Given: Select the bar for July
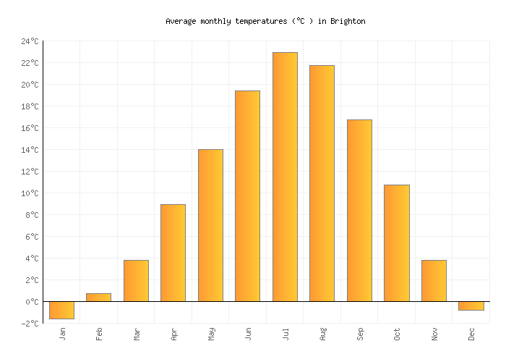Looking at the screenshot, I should [x=285, y=177].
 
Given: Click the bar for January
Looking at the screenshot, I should [x=61, y=310].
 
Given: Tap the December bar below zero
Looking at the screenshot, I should [x=471, y=306].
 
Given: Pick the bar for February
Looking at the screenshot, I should [x=98, y=298].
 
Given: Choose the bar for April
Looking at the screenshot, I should [x=173, y=253].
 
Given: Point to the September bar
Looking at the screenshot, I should [x=359, y=210].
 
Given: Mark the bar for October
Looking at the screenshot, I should [x=396, y=243].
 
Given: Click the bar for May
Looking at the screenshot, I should [x=210, y=225].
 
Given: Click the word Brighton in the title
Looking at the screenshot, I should [x=349, y=22].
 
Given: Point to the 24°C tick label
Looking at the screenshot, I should [x=30, y=41].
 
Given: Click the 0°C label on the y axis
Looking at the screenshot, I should [x=32, y=302].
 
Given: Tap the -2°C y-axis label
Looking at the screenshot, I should [x=30, y=324].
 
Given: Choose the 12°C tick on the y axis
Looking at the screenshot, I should [x=30, y=172].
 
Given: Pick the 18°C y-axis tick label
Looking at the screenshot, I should [x=30, y=106].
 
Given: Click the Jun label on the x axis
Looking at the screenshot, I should [x=248, y=334].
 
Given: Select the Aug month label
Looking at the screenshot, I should [x=322, y=334].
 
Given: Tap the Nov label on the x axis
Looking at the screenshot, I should [x=434, y=334].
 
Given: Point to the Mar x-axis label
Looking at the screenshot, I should [x=137, y=334].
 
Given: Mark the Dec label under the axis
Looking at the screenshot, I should [x=471, y=334].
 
